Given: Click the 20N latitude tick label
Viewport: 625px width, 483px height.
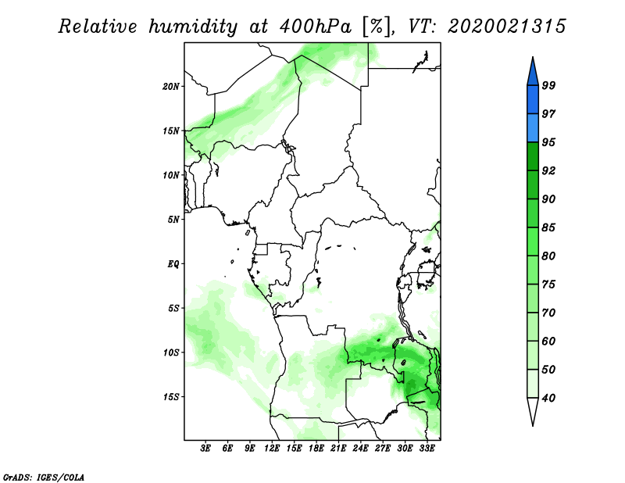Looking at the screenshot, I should pos(171,86).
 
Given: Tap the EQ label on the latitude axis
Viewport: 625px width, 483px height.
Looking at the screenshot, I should pos(173,263).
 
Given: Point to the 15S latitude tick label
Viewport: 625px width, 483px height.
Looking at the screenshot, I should pos(171,396).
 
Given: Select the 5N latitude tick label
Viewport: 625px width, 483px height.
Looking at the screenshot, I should pos(173,220).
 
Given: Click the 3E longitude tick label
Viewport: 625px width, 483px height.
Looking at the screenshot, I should pos(206,449).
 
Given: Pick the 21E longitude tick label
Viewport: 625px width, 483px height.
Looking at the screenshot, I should pos(338,449).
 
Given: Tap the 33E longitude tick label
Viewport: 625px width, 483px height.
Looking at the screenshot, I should pos(427,449).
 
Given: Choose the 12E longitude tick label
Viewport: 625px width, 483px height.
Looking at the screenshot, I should pos(272,449).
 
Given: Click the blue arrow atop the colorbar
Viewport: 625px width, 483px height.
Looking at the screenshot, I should pos(532,71).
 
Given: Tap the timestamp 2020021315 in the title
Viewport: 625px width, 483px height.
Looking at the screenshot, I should pos(506,27).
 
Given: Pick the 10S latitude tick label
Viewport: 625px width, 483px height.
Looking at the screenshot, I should pos(171,352).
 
